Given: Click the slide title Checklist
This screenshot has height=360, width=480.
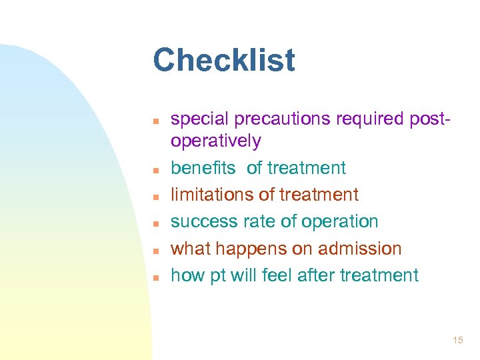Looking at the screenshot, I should pos(223,60).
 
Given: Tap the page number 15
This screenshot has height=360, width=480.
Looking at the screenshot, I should pos(457,341).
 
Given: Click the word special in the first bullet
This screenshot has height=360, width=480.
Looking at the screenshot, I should pos(195,119).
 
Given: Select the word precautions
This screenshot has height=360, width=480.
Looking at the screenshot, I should pos(269,119).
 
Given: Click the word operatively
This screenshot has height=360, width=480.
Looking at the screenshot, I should pos(216,141).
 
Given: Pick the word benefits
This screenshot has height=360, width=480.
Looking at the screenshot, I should pos(203,168).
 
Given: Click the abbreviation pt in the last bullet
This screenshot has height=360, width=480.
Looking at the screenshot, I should pos(219,275).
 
